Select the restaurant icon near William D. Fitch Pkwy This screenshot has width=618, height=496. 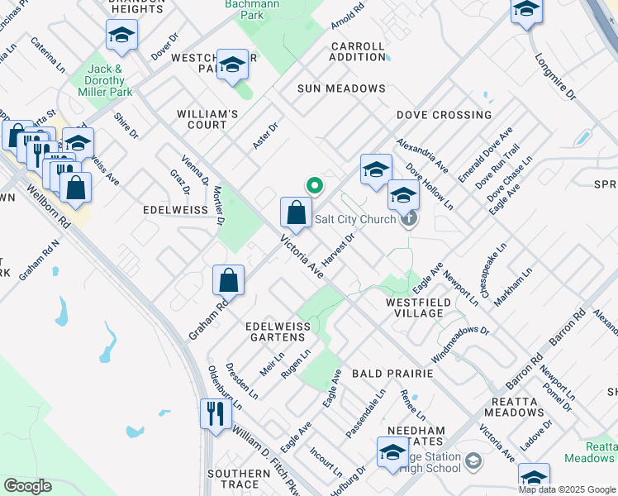coord(215,413)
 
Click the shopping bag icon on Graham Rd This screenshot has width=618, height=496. coord(229,280)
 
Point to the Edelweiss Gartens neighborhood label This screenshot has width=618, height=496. coord(278,332)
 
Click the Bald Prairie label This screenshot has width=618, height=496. coord(392,374)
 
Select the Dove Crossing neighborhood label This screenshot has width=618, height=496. coord(444,115)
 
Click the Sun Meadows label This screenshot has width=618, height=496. coord(342,88)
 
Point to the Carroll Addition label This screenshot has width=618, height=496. coord(357,51)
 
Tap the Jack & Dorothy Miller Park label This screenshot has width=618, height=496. coord(107,81)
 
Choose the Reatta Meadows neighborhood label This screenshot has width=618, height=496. coord(514,406)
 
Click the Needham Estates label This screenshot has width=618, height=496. coord(416,436)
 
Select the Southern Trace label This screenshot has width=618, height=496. coord(233,479)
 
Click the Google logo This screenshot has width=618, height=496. coord(27,486)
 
